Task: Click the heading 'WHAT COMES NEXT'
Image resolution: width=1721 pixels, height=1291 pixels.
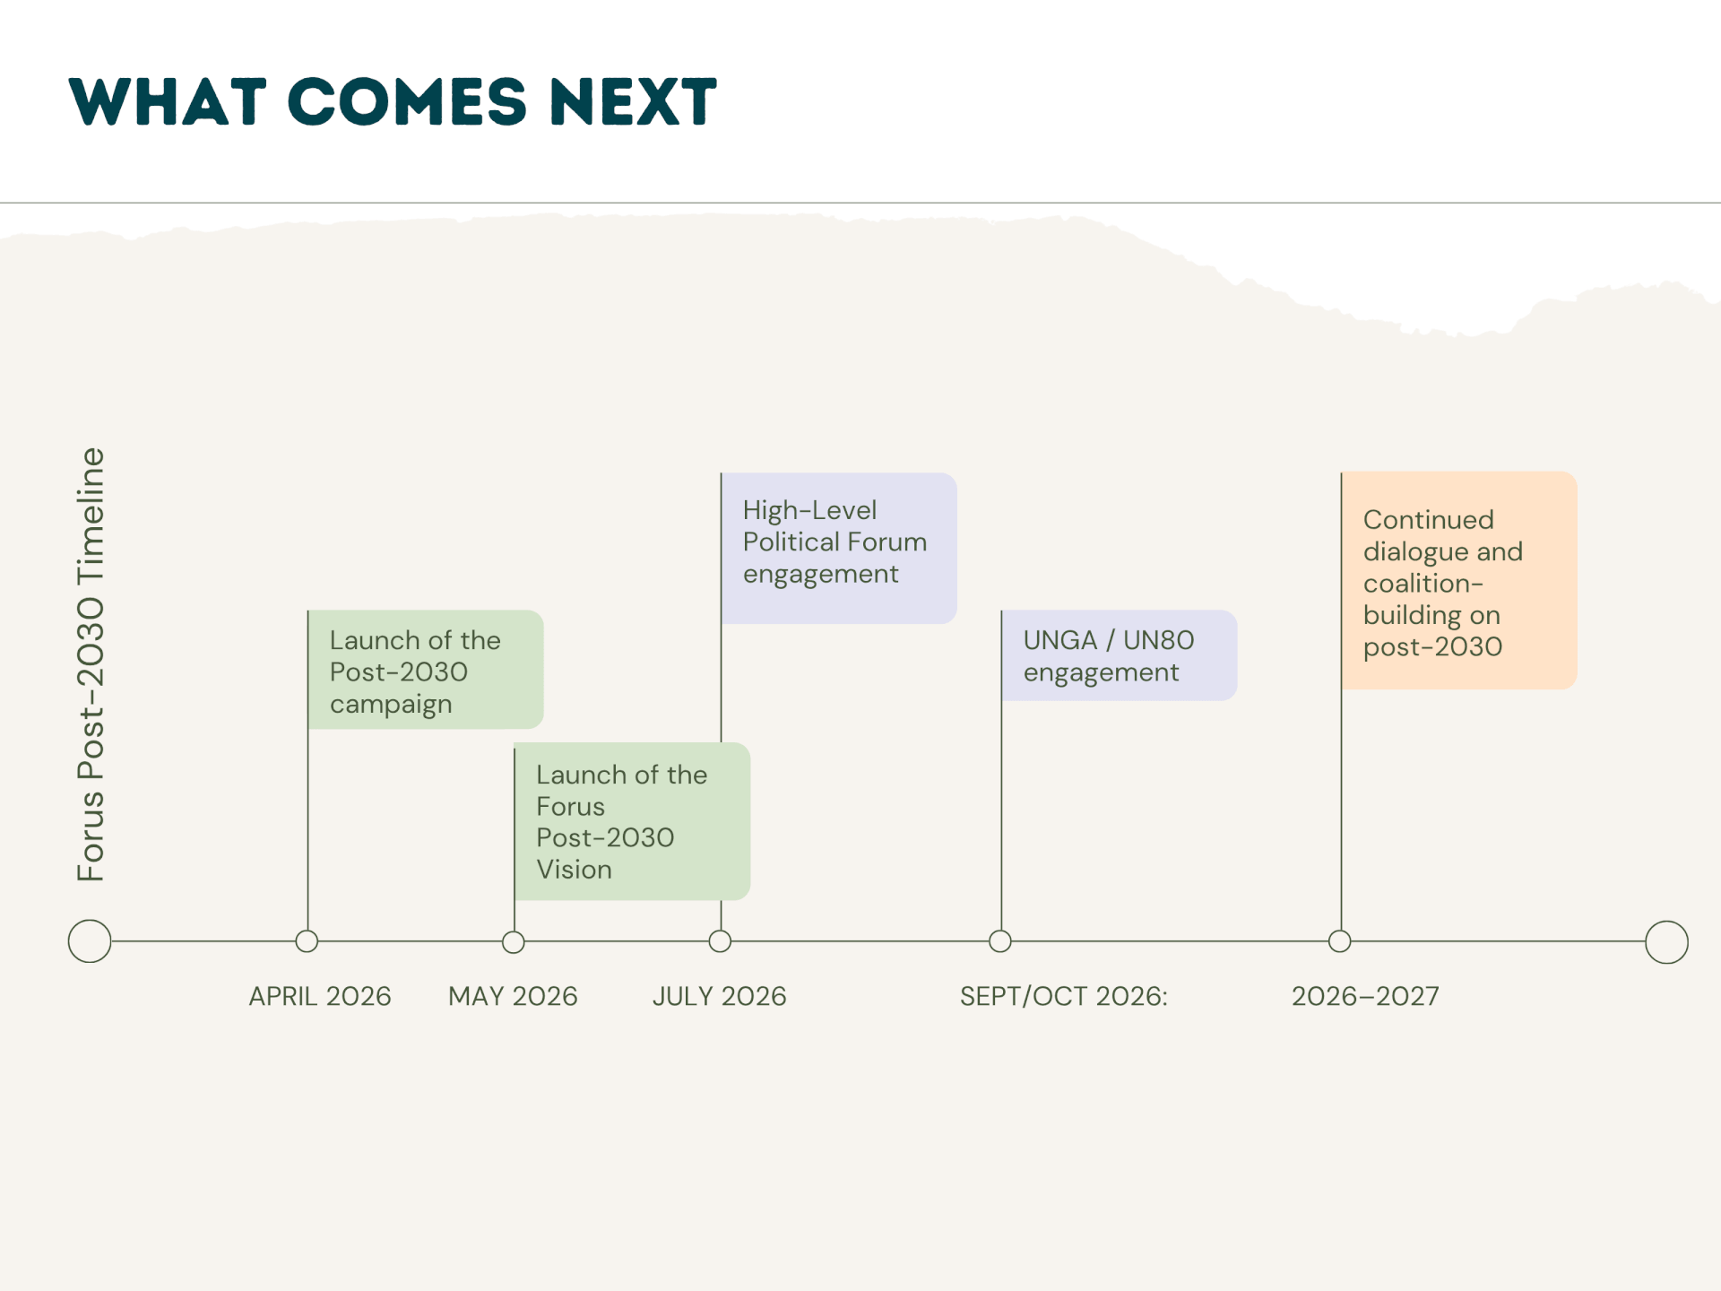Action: [x=393, y=101]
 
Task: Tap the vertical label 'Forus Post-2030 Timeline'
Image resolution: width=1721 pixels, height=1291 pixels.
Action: [x=91, y=664]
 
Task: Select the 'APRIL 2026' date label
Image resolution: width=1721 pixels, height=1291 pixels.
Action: [x=320, y=996]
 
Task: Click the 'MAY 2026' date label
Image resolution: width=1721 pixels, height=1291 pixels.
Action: [x=513, y=996]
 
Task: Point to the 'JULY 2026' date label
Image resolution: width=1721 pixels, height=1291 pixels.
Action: [x=719, y=996]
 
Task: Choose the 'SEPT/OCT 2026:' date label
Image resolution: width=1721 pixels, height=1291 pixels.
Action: [x=1064, y=996]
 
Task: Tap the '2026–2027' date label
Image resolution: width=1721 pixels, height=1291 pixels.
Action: [x=1365, y=996]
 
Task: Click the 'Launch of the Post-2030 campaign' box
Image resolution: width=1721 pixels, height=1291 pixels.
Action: [x=426, y=670]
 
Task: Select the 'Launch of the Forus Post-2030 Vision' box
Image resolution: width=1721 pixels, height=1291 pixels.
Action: [x=632, y=821]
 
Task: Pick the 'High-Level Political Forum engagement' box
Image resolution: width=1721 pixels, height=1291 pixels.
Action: [x=839, y=548]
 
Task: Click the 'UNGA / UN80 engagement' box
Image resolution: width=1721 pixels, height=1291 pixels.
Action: [x=1119, y=655]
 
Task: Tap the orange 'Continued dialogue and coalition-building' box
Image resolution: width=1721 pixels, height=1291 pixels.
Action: [x=1459, y=581]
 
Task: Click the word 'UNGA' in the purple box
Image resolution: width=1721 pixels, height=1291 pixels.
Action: [x=1060, y=640]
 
